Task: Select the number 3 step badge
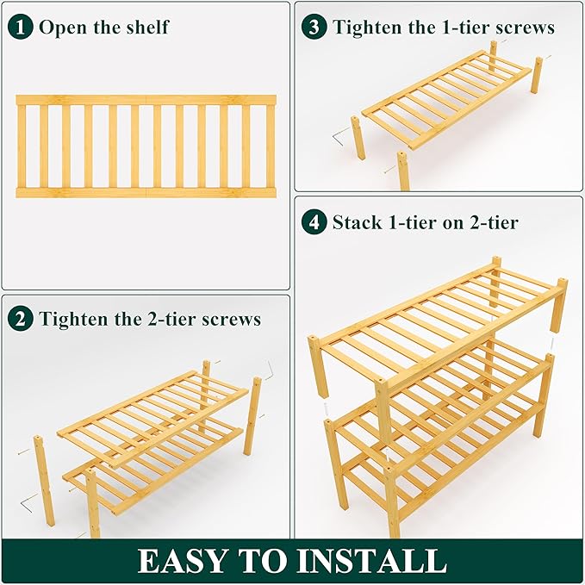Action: pos(314,27)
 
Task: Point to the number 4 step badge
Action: pos(314,222)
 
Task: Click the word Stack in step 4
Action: pos(358,222)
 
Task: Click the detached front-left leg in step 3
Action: pos(358,138)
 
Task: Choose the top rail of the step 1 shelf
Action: pos(146,100)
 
